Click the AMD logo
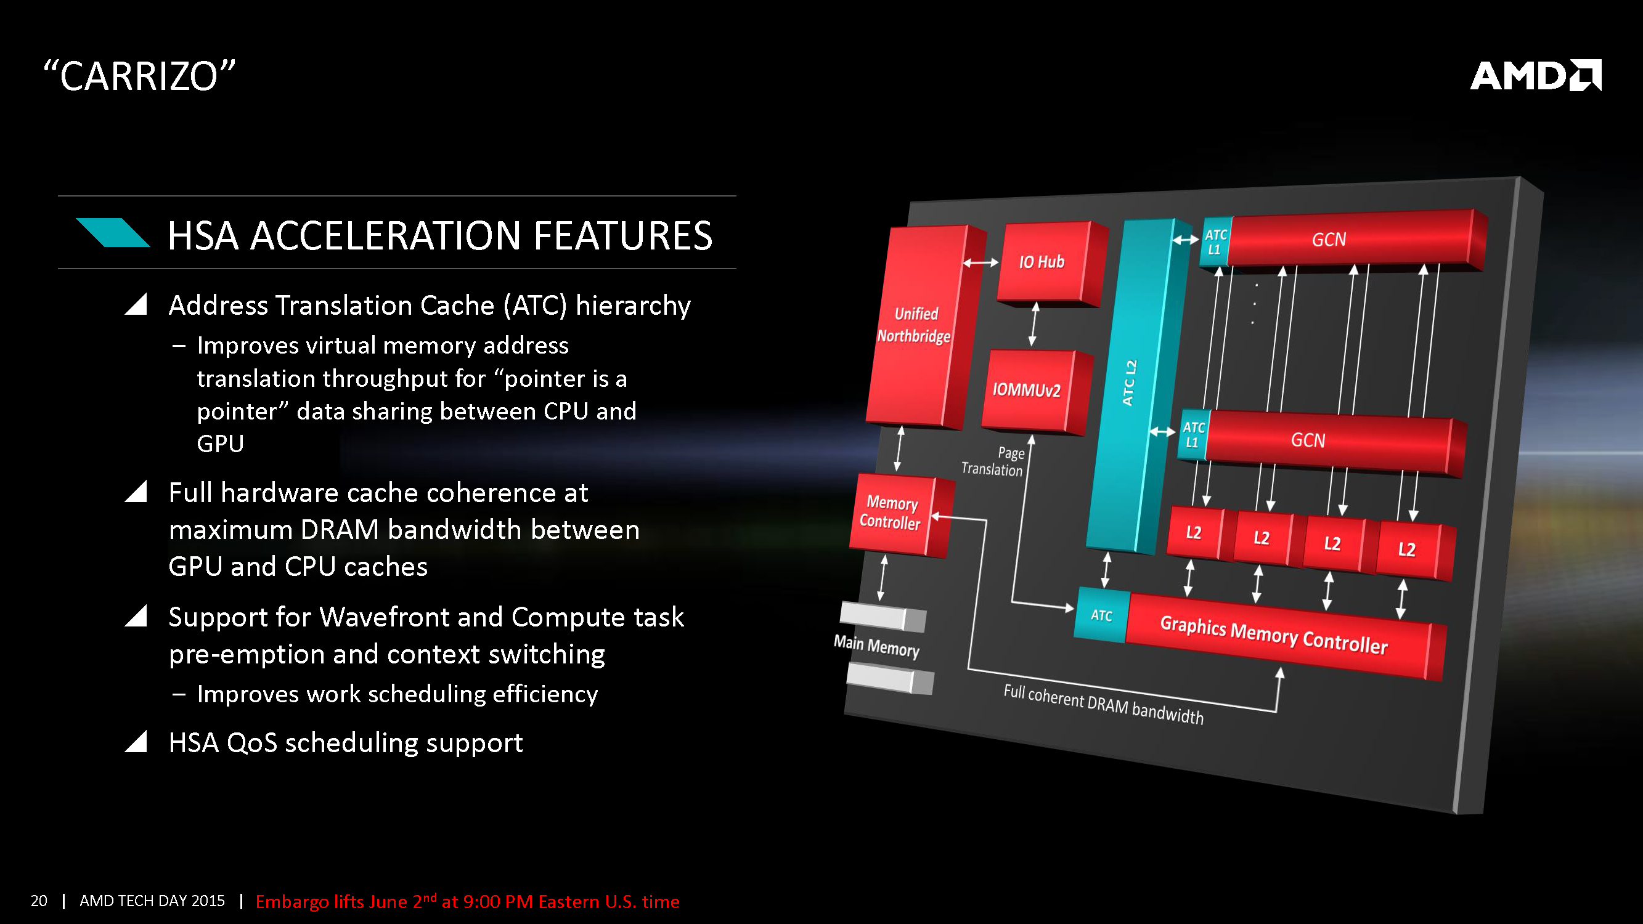(1535, 76)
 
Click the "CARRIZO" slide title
(139, 76)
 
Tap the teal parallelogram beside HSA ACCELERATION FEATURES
(113, 233)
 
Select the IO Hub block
(1042, 262)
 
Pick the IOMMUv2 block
(1026, 390)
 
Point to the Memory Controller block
(891, 513)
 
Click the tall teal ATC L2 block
(1130, 383)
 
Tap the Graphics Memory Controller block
(1274, 635)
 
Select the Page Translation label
(993, 461)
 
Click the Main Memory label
(876, 646)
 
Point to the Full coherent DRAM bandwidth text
(1103, 704)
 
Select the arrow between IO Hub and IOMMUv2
(1033, 325)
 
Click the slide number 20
(39, 901)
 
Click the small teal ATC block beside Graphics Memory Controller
(1101, 615)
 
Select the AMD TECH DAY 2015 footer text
(152, 901)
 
